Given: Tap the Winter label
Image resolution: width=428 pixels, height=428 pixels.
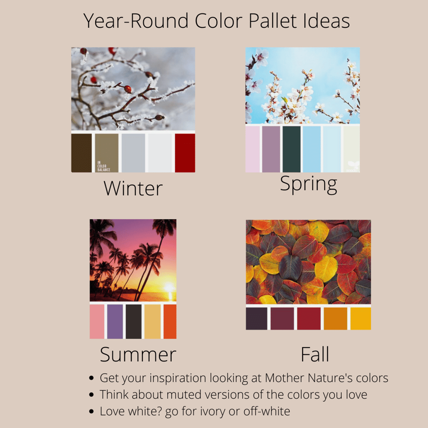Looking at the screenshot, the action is click(x=133, y=188).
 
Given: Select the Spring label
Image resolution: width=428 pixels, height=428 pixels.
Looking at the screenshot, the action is click(x=309, y=185).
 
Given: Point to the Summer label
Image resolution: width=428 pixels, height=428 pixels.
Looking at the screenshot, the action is click(x=138, y=354).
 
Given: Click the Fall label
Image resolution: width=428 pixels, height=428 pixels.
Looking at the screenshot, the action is click(x=315, y=354).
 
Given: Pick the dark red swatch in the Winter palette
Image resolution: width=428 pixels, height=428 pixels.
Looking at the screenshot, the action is click(x=185, y=153).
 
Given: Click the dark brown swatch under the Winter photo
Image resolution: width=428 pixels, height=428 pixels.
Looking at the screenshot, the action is click(x=81, y=153).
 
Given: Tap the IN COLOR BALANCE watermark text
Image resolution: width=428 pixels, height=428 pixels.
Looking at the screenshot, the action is click(x=104, y=166).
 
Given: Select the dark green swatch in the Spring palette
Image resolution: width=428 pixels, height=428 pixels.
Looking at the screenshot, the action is click(x=291, y=149).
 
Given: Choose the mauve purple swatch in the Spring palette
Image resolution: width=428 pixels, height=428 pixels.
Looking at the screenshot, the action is click(x=271, y=149).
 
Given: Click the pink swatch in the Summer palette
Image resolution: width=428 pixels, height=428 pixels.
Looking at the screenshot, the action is click(x=97, y=322).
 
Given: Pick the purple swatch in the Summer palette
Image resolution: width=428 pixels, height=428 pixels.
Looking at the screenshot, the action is click(x=115, y=322).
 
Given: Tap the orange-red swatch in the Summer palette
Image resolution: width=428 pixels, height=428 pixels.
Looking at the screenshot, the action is click(x=170, y=322).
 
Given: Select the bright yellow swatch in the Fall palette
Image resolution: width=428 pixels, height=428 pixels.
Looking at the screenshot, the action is click(x=361, y=318).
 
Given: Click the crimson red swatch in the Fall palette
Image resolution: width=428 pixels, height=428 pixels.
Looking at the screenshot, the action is click(x=309, y=318).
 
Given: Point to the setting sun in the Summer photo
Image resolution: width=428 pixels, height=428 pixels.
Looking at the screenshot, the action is click(x=169, y=287).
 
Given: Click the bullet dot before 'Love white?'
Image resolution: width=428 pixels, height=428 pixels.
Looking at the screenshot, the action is click(x=92, y=411).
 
